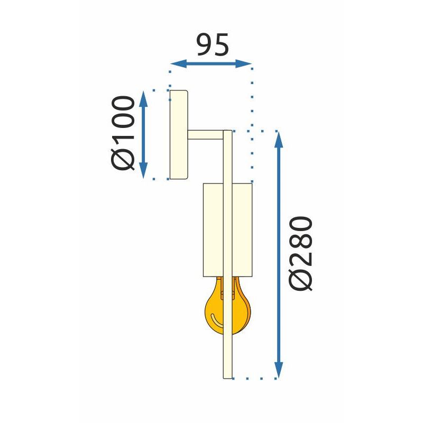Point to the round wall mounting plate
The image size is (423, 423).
[178, 135]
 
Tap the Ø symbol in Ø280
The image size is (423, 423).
[302, 279]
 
